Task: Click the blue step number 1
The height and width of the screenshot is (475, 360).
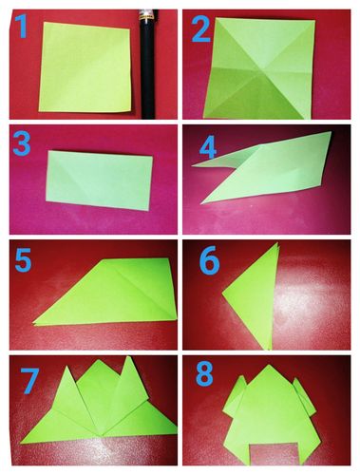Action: pos(22,27)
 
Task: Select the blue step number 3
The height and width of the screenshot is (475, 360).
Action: pos(22,143)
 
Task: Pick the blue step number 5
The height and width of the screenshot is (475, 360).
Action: pos(23,260)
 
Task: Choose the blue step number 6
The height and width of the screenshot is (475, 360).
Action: pos(209,260)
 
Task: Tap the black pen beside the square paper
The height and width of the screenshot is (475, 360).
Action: pos(148,65)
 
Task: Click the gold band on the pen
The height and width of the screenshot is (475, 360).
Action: pos(148,20)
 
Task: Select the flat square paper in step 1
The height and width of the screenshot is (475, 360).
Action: pos(85,66)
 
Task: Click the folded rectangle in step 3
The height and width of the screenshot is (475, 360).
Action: pos(99,180)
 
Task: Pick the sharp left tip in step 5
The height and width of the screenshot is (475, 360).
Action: pos(34,324)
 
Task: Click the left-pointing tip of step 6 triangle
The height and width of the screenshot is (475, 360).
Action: pos(222,293)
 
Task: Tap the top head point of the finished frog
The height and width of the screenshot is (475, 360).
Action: pos(269,365)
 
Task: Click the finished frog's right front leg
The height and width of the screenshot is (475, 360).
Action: pos(305,396)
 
